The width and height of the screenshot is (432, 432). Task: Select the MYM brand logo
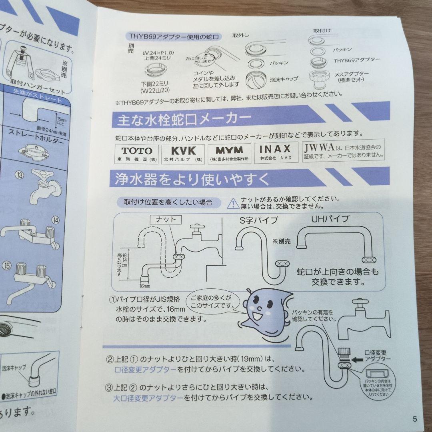coord(229,152)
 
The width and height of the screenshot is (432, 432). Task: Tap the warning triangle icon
coord(232,204)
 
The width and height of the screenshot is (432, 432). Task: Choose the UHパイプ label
coord(330,219)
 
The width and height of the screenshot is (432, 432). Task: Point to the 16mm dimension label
coord(144,286)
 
